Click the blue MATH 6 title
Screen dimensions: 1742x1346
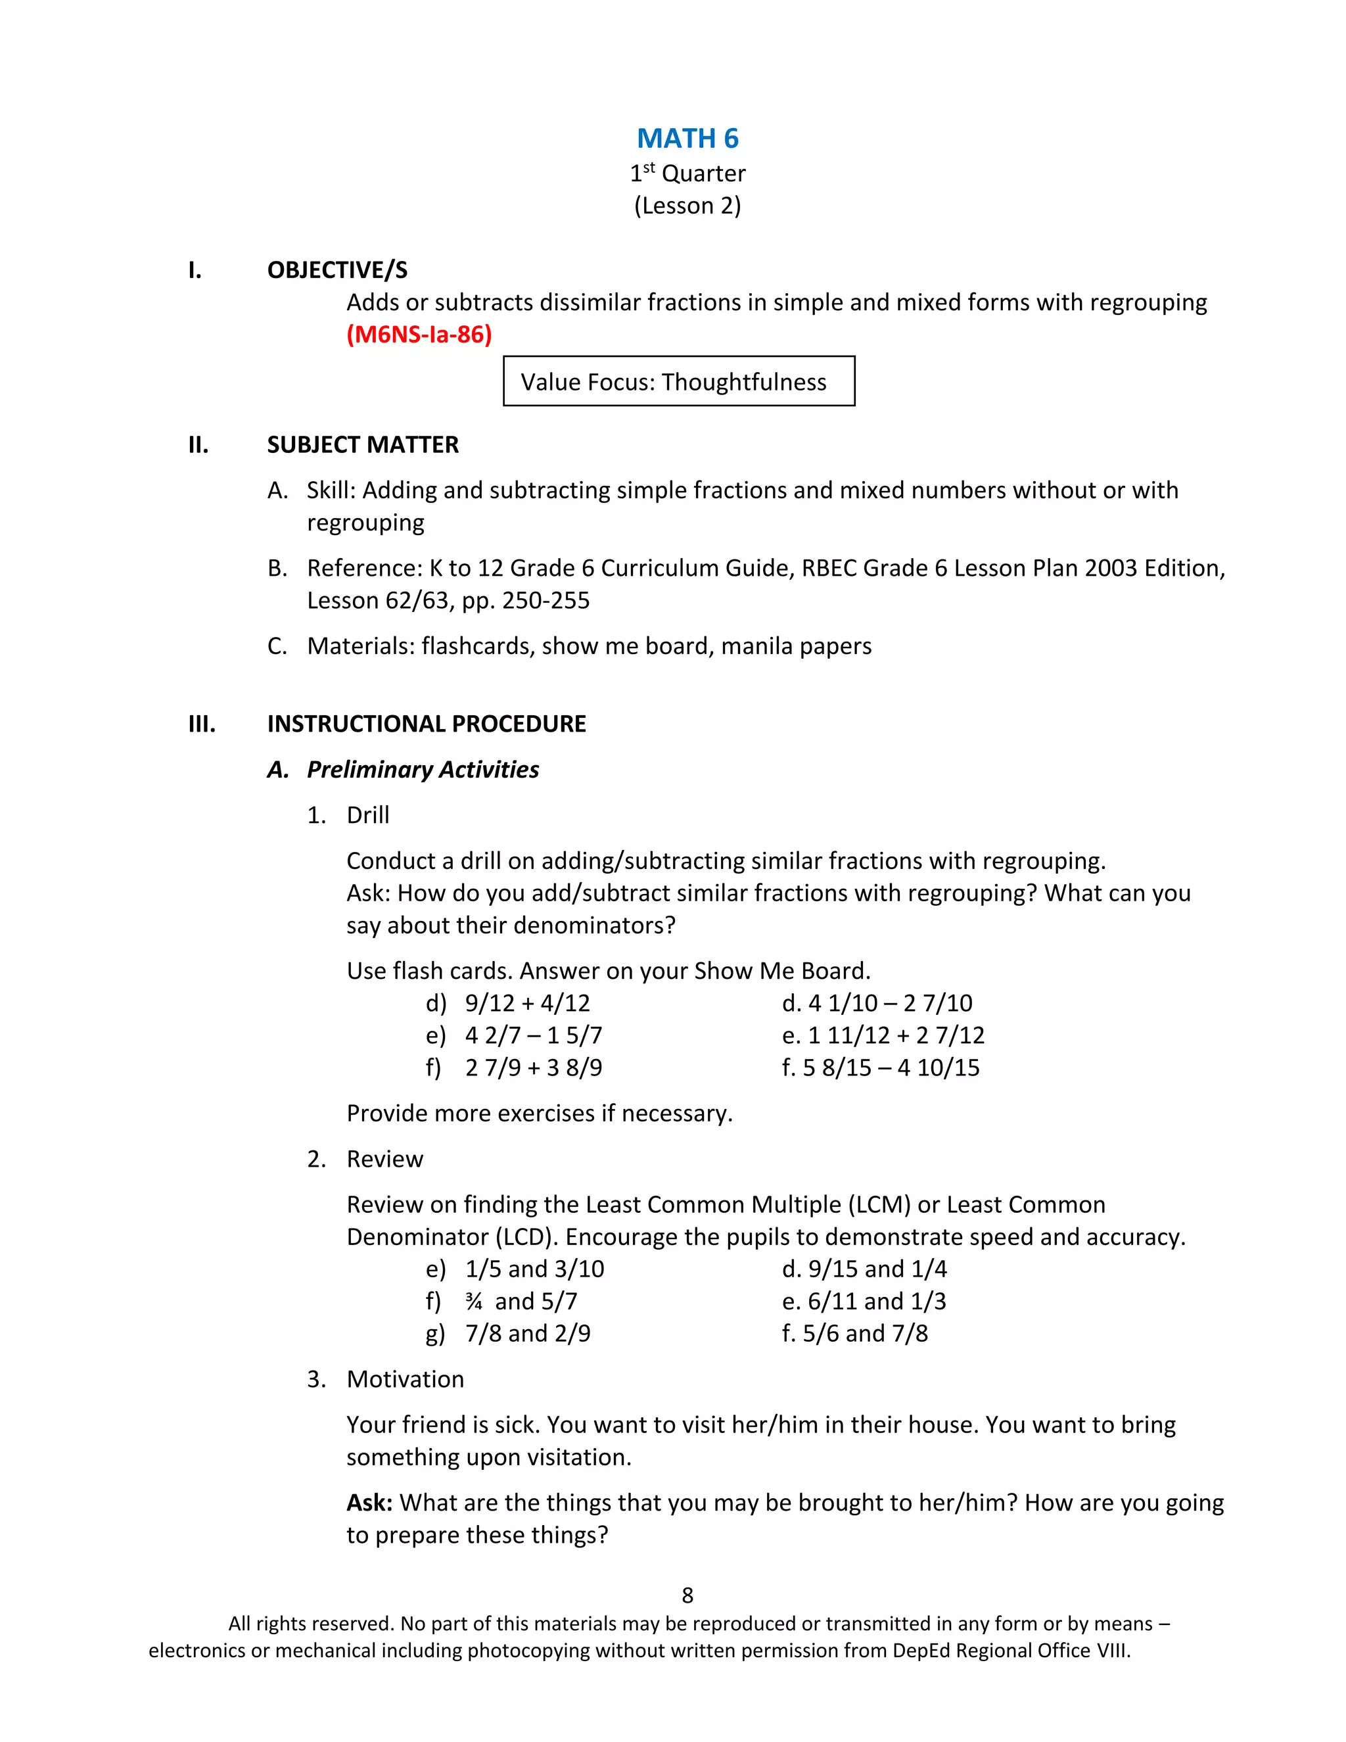pos(687,139)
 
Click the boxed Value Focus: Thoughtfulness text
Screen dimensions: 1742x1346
pos(674,382)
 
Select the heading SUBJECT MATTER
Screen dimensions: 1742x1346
pos(363,445)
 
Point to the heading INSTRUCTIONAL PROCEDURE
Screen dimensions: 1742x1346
pos(427,724)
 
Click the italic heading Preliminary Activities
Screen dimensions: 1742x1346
pos(423,770)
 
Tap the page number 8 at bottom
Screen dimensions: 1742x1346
pos(687,1595)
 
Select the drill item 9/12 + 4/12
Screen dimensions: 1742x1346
pos(528,1003)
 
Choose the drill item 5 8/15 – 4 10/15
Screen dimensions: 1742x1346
pos(891,1068)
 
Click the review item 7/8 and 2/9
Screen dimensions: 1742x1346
pos(528,1334)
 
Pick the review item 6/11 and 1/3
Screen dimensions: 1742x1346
pos(876,1302)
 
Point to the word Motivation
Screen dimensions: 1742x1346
pos(405,1379)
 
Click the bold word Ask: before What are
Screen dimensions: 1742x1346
pos(369,1503)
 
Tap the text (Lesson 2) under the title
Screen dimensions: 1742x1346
pos(687,206)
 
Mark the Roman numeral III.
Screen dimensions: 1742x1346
pos(202,724)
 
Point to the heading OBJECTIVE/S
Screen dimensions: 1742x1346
pos(337,270)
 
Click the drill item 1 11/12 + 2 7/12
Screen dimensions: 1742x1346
pos(896,1035)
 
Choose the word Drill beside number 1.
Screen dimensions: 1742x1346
pos(367,815)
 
